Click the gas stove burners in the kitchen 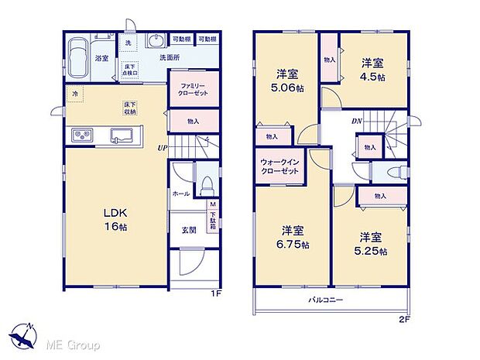point(83,137)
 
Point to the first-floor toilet point(206,183)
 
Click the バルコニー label point(326,300)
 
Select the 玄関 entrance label point(189,229)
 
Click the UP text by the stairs point(162,148)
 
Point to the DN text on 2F point(356,122)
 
